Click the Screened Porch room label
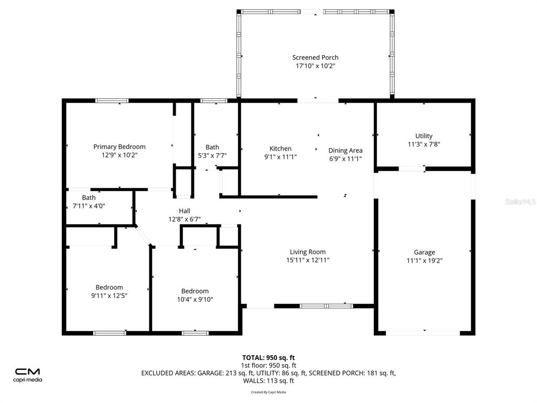pyautogui.click(x=315, y=58)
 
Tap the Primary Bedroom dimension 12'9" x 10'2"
pyautogui.click(x=119, y=155)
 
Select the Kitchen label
pyautogui.click(x=280, y=149)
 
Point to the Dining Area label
pyautogui.click(x=345, y=151)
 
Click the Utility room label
pyautogui.click(x=424, y=136)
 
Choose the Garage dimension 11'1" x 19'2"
pyautogui.click(x=424, y=260)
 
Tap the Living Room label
pyautogui.click(x=307, y=252)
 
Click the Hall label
pyautogui.click(x=184, y=211)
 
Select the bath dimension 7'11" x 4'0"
pyautogui.click(x=89, y=206)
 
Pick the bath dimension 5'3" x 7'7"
pyautogui.click(x=212, y=155)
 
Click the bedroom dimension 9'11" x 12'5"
pyautogui.click(x=109, y=295)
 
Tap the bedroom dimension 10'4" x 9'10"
pyautogui.click(x=195, y=299)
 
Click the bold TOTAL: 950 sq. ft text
pyautogui.click(x=268, y=358)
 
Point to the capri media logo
pyautogui.click(x=27, y=375)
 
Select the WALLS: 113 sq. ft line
pyautogui.click(x=268, y=381)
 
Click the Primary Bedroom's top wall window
pyautogui.click(x=112, y=101)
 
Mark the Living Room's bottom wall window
pyautogui.click(x=326, y=306)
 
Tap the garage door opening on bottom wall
pyautogui.click(x=423, y=333)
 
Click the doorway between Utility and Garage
pyautogui.click(x=412, y=168)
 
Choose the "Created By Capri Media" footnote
pyautogui.click(x=268, y=392)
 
